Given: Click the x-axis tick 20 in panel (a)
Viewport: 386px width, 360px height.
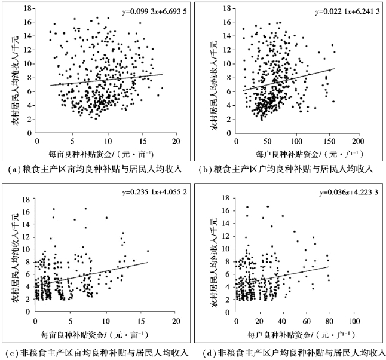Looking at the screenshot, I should [177, 142].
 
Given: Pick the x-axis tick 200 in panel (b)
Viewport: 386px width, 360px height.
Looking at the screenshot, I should [356, 142].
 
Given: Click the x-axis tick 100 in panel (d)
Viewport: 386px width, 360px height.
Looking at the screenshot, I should [356, 322].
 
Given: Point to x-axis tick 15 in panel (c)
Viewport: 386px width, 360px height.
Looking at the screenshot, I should [142, 322].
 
